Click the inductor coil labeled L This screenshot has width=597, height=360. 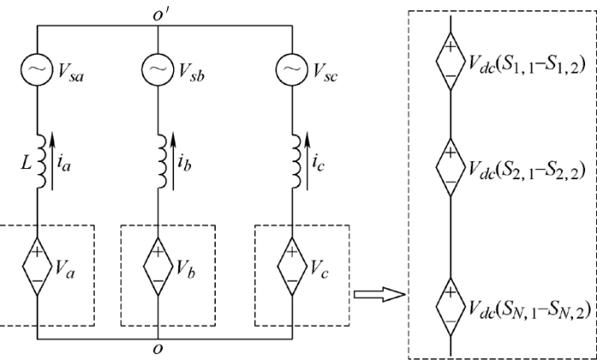(x=41, y=161)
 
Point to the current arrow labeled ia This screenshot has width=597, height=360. (x=52, y=161)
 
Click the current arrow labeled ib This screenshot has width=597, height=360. (x=173, y=161)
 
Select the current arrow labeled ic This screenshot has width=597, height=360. (x=307, y=161)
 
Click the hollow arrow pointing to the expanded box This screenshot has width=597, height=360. (x=380, y=294)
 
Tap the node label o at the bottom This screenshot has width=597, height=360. (x=157, y=349)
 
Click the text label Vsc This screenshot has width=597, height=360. (x=325, y=72)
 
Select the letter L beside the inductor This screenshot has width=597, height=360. (x=26, y=164)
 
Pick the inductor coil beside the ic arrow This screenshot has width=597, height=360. (x=296, y=161)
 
